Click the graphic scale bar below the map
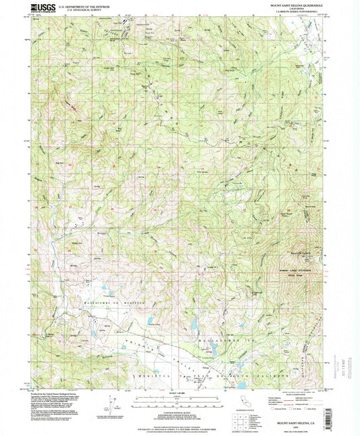tap(180, 400)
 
